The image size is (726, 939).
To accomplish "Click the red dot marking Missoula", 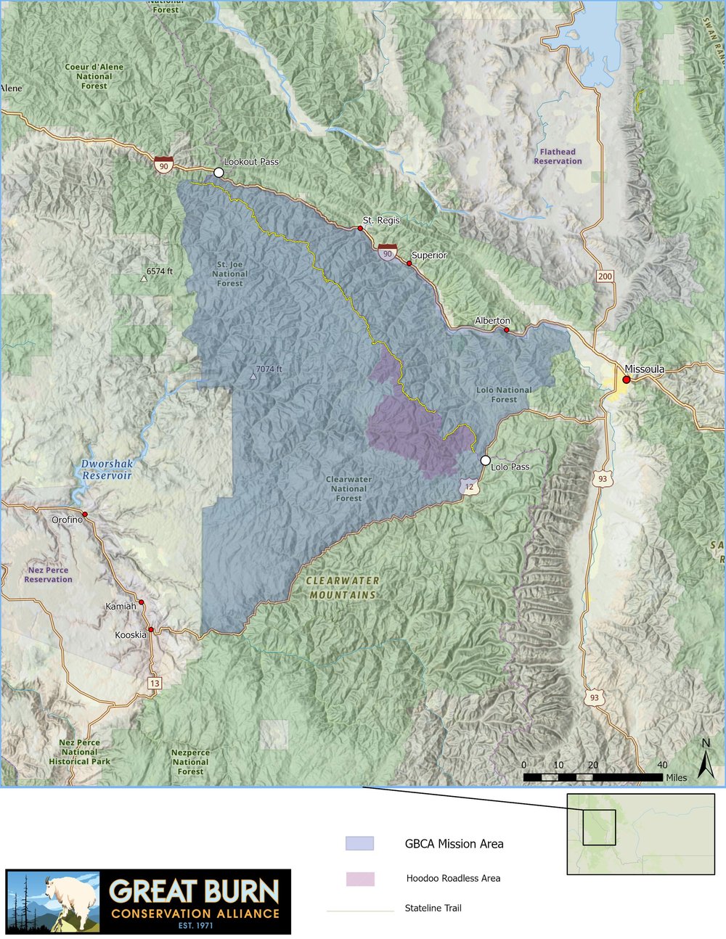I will coord(626,379).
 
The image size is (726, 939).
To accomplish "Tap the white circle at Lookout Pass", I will coord(219,173).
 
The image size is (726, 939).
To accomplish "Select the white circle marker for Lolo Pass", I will coord(485,460).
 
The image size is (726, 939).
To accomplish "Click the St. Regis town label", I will coord(381,220).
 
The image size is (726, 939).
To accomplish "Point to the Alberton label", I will coord(492,320).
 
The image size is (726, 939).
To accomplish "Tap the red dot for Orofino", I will coord(85,514).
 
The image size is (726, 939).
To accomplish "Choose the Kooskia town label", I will coord(131,635).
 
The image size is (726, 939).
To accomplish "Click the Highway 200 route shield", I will coord(605,276).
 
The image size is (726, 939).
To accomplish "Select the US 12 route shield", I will coord(470,488).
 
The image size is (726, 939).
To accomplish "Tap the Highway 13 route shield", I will coord(154,684).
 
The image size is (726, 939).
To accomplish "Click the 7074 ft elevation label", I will coord(269,369).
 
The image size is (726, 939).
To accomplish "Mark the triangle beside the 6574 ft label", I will coord(144,278).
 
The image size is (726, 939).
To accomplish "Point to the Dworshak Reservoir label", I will coord(107,469).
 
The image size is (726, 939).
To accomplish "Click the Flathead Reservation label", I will coord(558,157).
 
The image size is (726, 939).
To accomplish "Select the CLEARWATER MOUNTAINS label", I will coord(343,588).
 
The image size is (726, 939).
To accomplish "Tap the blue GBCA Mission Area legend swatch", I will coord(359,843).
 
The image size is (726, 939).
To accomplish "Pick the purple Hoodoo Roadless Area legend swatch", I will coord(359,879).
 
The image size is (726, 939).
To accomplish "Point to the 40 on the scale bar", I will coord(662,766).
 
